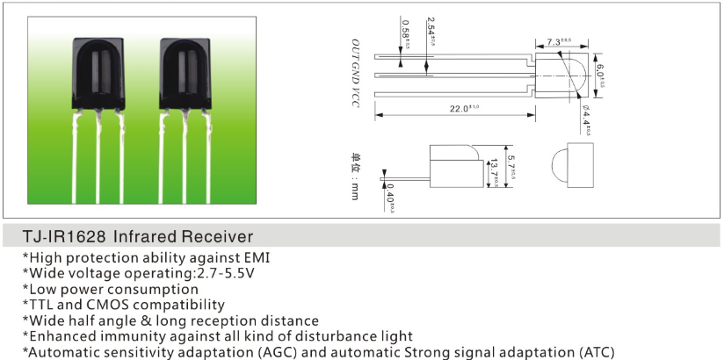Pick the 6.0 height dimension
pyautogui.click(x=600, y=70)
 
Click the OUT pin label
pyautogui.click(x=357, y=50)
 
